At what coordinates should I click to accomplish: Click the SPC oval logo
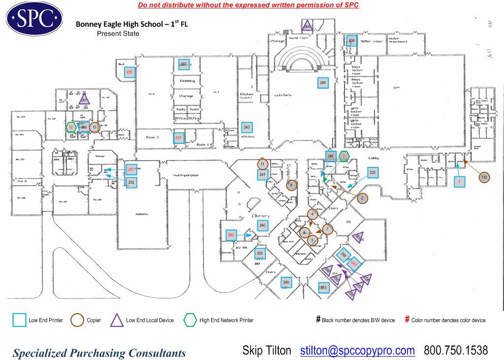pos(34,19)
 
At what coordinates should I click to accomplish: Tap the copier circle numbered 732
pos(484,177)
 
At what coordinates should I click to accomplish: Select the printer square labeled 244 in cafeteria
pos(323,83)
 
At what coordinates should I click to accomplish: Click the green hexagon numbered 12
pos(71,127)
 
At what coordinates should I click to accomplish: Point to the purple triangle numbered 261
pos(84,100)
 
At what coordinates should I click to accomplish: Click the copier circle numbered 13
pos(95,127)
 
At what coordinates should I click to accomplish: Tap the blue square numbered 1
pos(459,181)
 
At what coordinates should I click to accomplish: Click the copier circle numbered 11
pos(263,164)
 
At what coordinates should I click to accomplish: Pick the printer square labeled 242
pos(231,235)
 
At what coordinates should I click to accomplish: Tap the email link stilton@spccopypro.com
pos(357,351)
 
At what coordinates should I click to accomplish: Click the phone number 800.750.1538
pos(456,351)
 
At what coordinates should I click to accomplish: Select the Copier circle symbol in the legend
pos(78,320)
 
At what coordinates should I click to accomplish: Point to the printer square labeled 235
pos(373,173)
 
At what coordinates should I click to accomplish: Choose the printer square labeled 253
pos(323,288)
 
